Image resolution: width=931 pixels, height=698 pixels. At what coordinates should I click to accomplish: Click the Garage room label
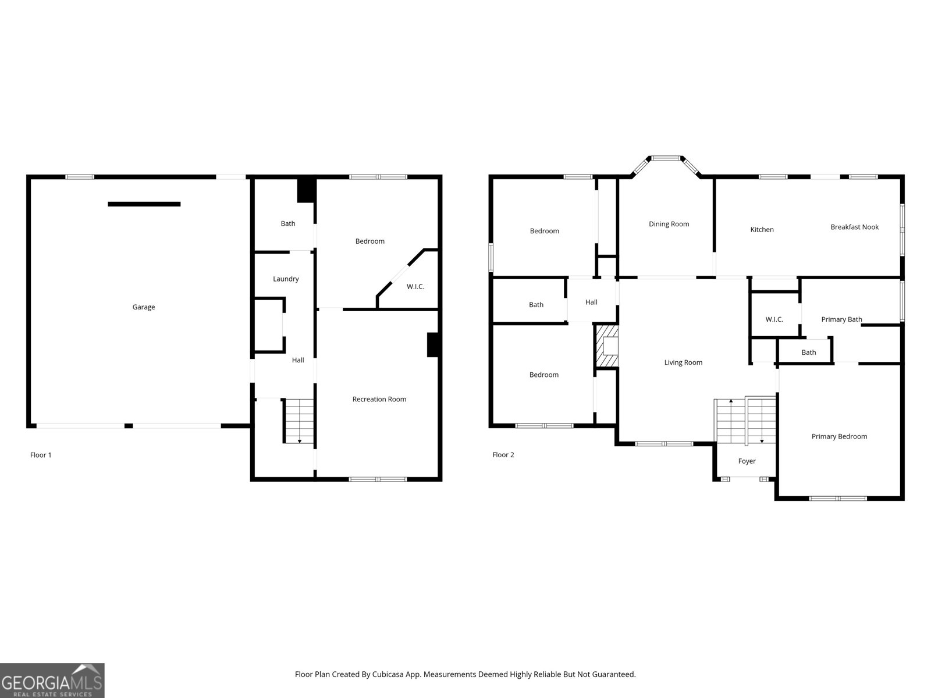(143, 307)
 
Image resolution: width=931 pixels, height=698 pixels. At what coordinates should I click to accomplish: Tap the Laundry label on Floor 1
(286, 279)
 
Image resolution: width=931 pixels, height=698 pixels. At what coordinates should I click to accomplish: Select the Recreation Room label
(379, 399)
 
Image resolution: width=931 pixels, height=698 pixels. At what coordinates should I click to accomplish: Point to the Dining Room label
(669, 224)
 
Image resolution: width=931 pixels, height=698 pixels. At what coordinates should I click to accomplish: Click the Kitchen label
(762, 230)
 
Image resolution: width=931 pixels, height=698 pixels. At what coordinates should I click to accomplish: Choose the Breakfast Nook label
(854, 227)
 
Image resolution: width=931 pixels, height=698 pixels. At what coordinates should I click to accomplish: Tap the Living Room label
(683, 363)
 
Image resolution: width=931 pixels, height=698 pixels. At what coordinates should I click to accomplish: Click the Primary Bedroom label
(839, 436)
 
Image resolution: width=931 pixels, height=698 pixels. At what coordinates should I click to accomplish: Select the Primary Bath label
(841, 319)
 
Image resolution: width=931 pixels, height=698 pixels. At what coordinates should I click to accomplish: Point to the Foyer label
(747, 461)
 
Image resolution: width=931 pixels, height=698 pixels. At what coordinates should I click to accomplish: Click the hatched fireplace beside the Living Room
(607, 346)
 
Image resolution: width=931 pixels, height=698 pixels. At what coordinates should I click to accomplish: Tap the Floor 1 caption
(41, 455)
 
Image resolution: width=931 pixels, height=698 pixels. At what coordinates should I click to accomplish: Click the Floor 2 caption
(503, 455)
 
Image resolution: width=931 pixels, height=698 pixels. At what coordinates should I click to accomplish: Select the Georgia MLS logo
(52, 681)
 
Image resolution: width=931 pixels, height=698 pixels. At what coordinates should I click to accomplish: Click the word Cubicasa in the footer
(388, 674)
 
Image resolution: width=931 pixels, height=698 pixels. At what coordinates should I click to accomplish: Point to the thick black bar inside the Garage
(144, 204)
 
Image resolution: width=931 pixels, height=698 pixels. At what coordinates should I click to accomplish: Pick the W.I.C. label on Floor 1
(415, 287)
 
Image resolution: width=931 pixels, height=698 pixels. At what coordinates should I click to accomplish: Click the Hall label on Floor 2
(591, 302)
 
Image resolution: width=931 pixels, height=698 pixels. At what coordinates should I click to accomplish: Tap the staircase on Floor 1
(299, 421)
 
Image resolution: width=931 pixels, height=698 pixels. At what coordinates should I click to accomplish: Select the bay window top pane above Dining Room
(666, 158)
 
